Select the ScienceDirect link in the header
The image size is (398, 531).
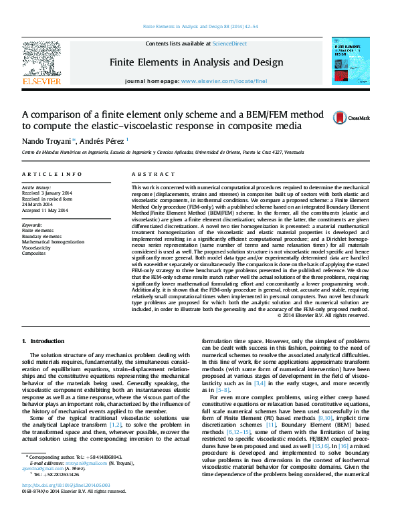coord(229,43)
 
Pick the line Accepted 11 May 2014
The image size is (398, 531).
coord(45,211)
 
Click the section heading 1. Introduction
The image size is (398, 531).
coord(43,342)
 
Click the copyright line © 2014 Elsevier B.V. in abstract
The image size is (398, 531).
coord(322,316)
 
